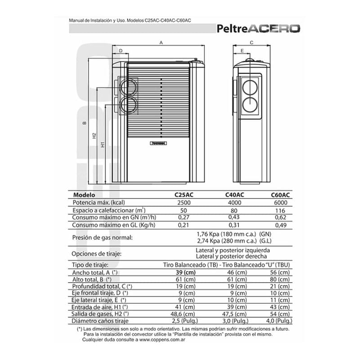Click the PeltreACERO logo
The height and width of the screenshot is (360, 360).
[259, 29]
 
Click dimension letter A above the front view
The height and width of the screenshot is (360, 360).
[161, 43]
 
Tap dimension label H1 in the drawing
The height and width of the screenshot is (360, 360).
[103, 145]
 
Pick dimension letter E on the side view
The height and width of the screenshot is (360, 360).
[242, 51]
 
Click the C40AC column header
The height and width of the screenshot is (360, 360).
[234, 195]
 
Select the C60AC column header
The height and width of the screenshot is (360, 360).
[280, 195]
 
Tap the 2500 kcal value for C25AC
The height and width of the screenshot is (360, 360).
[184, 202]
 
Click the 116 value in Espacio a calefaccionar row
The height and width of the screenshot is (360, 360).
[281, 210]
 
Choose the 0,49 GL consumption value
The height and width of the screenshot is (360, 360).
[281, 225]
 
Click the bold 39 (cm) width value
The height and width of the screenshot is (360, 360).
[185, 272]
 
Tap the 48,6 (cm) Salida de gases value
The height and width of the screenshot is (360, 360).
[184, 313]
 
